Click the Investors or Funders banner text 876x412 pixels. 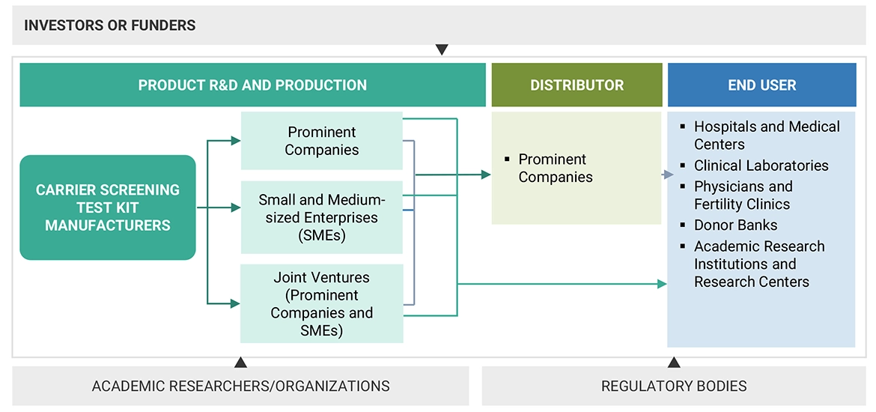[x=109, y=25]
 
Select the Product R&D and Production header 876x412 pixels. [x=252, y=85]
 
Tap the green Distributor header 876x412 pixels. [x=577, y=85]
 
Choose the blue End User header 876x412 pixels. [x=761, y=85]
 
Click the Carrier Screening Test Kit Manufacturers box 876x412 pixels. [x=108, y=207]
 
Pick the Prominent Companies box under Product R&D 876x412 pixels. [x=322, y=141]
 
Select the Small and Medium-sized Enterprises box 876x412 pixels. [x=322, y=217]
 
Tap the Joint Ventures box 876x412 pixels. [x=322, y=303]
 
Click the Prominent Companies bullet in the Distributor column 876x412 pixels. [x=555, y=169]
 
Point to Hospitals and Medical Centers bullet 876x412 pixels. [x=766, y=136]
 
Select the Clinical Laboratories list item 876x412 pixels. [x=761, y=166]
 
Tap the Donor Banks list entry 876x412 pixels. [x=735, y=225]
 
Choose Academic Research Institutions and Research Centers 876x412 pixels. [x=758, y=264]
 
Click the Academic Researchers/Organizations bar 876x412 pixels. [x=240, y=387]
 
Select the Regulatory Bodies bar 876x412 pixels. [x=674, y=387]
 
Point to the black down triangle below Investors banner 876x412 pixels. [x=442, y=49]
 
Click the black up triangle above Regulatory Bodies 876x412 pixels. [x=674, y=363]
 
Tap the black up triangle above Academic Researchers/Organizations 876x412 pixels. [x=240, y=363]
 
